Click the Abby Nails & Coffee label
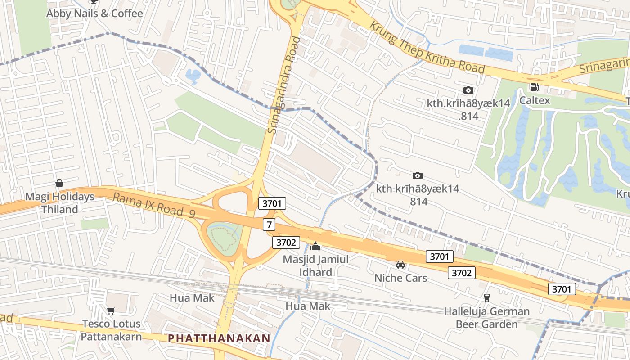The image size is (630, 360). tap(94, 13)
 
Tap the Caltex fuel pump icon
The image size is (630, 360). tap(534, 87)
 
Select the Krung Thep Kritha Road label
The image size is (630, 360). tap(427, 47)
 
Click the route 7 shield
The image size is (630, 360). tap(269, 224)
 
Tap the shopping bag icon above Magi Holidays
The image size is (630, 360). tap(59, 183)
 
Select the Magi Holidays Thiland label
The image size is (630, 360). tap(60, 203)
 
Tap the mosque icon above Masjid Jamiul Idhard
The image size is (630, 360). tap(315, 246)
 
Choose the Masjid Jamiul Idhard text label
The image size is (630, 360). tap(315, 265)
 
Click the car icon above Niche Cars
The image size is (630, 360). tap(400, 265)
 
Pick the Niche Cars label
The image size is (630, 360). tap(400, 278)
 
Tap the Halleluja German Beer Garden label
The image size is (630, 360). tap(486, 317)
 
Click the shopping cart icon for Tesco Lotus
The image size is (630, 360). tap(111, 310)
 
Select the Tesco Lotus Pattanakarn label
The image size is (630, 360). tap(111, 330)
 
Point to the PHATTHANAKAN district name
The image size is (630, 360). tap(219, 338)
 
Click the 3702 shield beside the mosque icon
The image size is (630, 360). tap(286, 243)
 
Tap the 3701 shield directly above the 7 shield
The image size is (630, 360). tap(272, 203)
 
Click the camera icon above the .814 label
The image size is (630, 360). tap(468, 90)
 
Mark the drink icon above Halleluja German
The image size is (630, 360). tap(486, 297)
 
